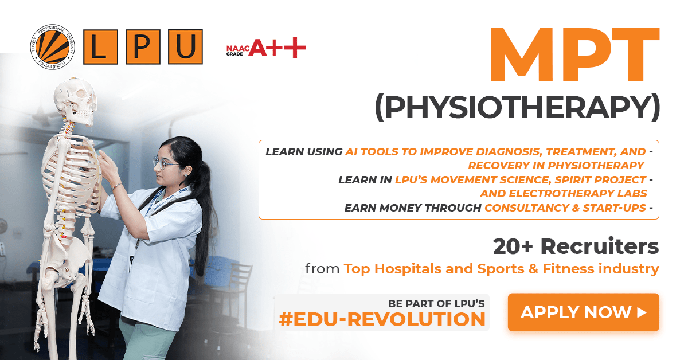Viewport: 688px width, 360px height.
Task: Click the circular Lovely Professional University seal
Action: coord(53,46)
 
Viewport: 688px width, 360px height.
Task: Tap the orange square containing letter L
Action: coord(100,46)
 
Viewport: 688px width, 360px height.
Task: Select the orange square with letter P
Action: coord(143,46)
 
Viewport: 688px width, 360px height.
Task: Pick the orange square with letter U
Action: coord(185,46)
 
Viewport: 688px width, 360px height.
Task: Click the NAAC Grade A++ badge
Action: coord(266,48)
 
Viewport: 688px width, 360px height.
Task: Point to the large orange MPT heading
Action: coord(574,54)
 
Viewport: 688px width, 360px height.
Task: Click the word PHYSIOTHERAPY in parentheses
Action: coord(518,107)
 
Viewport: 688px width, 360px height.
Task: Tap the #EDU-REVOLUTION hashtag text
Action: coord(382,319)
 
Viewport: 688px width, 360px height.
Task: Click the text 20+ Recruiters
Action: coord(576,246)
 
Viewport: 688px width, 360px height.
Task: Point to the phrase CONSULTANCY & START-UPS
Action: coord(565,208)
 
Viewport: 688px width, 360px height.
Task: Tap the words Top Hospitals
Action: coord(393,269)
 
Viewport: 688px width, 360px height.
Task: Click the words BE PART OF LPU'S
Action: coord(436,303)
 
